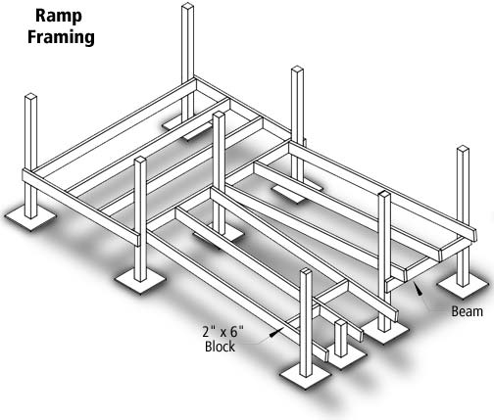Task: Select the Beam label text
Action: [465, 312]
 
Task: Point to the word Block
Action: [221, 347]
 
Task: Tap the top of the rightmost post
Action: [463, 150]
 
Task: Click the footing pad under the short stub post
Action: [343, 354]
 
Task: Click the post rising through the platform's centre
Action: [219, 166]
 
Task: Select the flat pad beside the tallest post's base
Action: [186, 126]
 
